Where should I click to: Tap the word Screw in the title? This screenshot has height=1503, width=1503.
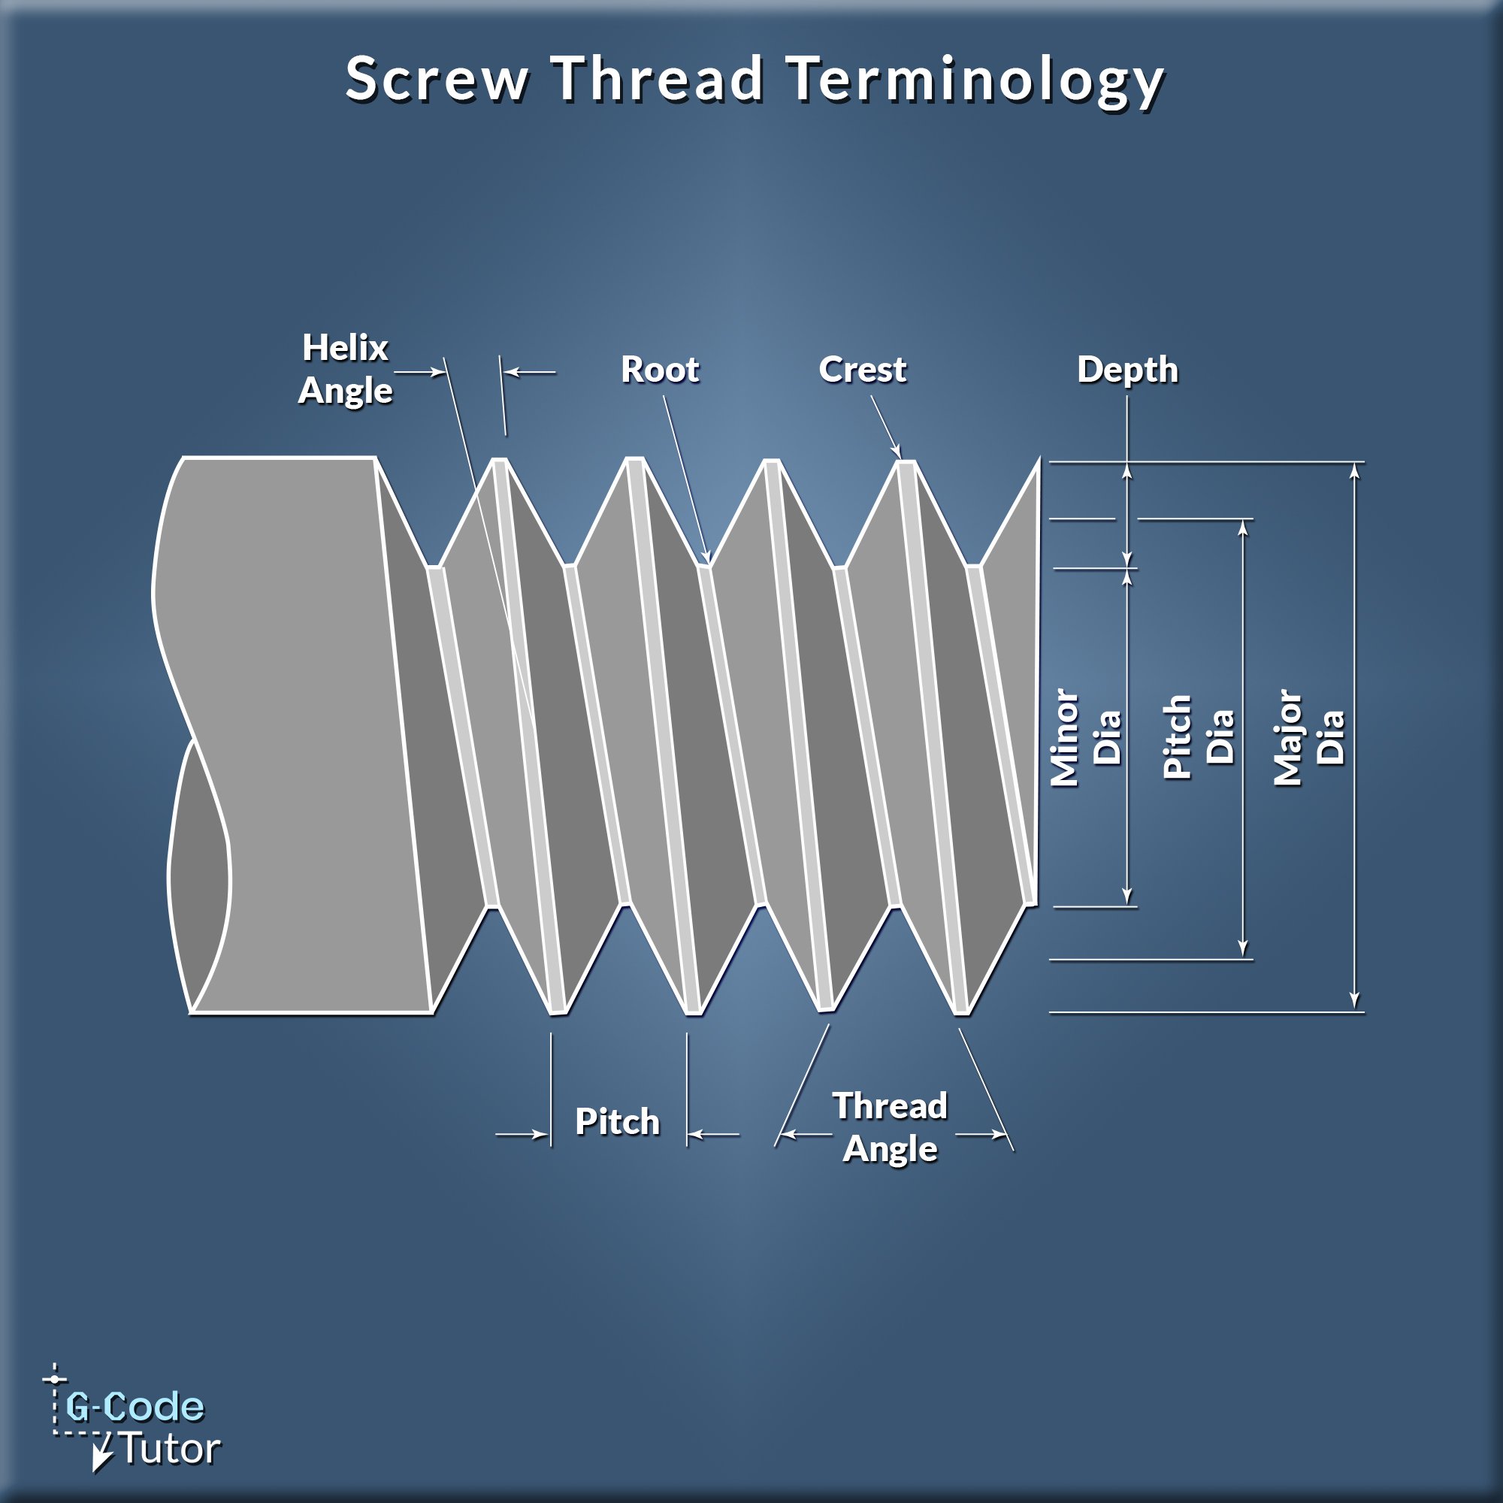point(437,80)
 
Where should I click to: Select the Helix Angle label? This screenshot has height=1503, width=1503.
point(346,369)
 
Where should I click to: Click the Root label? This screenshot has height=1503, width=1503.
point(660,370)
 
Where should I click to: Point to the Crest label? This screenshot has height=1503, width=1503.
point(862,370)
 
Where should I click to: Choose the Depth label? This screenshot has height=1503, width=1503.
point(1127,370)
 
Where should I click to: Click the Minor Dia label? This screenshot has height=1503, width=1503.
point(1086,737)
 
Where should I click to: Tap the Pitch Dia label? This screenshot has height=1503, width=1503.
point(1199,737)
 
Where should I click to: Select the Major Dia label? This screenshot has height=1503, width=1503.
point(1309,737)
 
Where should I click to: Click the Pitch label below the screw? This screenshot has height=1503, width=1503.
point(617,1122)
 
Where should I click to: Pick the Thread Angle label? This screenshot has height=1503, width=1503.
point(890,1128)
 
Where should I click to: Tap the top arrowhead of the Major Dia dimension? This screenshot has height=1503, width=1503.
point(1355,470)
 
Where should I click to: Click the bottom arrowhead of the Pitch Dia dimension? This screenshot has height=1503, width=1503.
point(1243,950)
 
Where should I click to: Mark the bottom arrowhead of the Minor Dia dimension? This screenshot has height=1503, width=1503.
point(1128,898)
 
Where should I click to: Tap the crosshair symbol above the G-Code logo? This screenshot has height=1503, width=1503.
point(54,1379)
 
